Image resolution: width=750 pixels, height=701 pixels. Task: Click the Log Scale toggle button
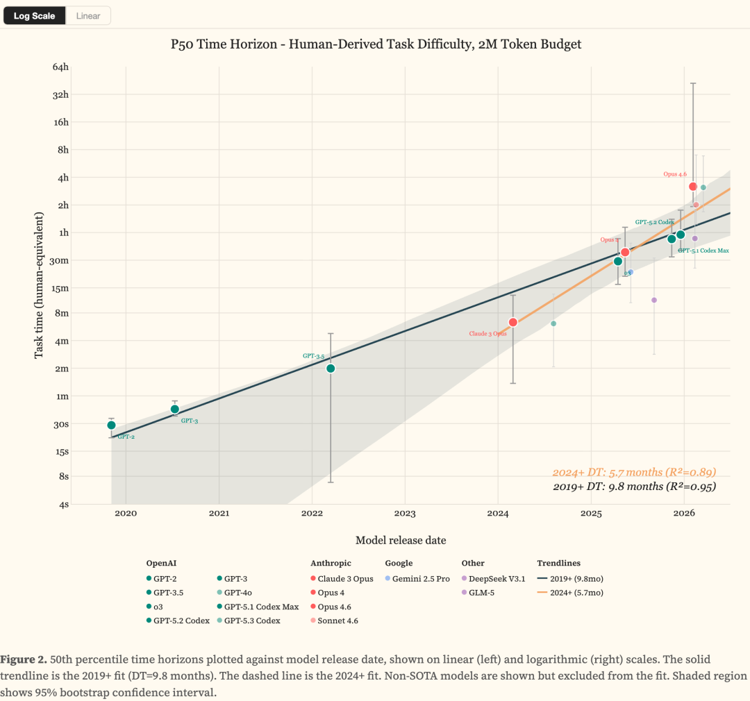point(34,16)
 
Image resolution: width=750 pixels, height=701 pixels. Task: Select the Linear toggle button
point(88,16)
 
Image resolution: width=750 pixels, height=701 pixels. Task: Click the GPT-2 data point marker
point(111,425)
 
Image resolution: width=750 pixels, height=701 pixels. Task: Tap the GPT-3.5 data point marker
point(331,369)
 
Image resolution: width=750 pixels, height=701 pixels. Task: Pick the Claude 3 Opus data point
point(513,322)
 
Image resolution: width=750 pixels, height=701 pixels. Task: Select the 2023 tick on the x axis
point(405,514)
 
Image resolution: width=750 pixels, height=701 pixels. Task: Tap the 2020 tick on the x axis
point(126,514)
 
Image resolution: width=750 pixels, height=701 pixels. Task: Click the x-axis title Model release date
point(401,540)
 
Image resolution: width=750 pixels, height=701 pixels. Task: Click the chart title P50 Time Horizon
point(376,44)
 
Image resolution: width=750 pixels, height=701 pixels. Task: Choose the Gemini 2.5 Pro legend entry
point(417,579)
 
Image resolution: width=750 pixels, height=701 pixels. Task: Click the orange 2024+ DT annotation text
point(633,472)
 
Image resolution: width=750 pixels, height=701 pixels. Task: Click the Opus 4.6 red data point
point(692,186)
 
